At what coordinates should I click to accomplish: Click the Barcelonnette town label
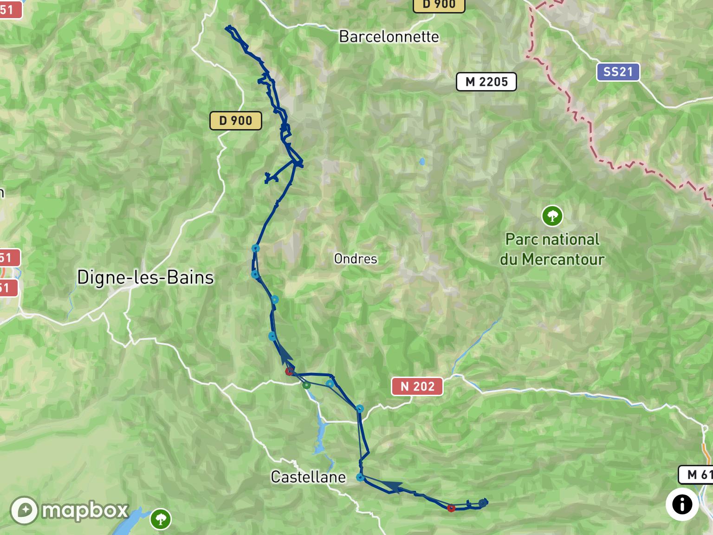tap(389, 36)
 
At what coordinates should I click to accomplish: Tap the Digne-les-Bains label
tap(145, 277)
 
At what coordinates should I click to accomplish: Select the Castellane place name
tap(308, 477)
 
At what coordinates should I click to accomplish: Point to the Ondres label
tap(356, 259)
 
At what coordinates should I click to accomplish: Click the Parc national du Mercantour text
tap(552, 249)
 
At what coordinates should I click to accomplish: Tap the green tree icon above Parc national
tap(552, 215)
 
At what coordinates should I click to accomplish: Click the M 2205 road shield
tap(486, 82)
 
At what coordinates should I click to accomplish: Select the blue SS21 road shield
tap(618, 72)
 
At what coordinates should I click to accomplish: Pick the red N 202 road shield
tap(417, 386)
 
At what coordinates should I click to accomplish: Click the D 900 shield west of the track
tap(235, 121)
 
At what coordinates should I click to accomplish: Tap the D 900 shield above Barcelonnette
tap(439, 5)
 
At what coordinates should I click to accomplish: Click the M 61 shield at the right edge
tap(696, 474)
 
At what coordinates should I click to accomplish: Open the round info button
tap(682, 504)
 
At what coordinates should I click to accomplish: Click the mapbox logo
tap(70, 510)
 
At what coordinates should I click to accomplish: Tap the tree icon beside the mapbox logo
tap(161, 518)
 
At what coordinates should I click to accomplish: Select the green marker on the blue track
tap(306, 385)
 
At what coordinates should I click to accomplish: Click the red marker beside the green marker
tap(289, 372)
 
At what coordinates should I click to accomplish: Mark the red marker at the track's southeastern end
tap(451, 508)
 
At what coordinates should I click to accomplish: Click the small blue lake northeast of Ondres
tap(422, 162)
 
